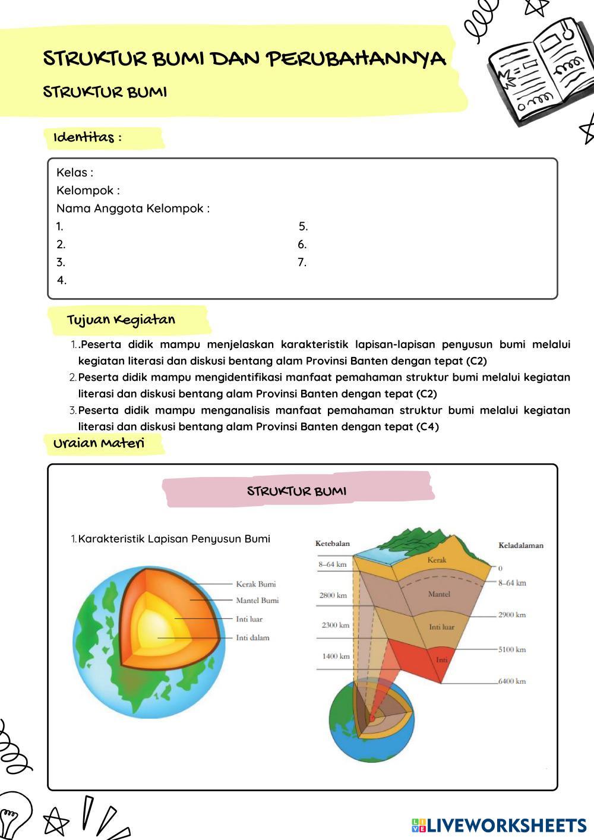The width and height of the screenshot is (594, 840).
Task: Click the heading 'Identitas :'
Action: coord(87,137)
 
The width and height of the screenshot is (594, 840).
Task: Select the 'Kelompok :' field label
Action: coord(88,191)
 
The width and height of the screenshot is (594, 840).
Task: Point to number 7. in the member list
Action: coord(302,263)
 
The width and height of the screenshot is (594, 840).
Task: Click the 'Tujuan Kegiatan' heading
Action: coord(121,320)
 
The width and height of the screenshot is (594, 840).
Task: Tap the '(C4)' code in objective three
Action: coord(428,427)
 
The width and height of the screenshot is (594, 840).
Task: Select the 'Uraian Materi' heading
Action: coord(99,444)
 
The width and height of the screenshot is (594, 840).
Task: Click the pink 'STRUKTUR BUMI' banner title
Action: coord(296,491)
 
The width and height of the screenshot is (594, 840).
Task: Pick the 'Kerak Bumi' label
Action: coord(256,584)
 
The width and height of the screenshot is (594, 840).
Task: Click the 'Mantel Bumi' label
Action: coord(257,600)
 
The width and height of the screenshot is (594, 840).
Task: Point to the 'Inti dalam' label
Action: coord(252,637)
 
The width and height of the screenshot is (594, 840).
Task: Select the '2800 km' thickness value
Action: coord(333,595)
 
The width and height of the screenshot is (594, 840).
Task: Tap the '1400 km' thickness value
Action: coord(336,656)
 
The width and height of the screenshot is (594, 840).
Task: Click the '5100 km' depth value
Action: coord(512,649)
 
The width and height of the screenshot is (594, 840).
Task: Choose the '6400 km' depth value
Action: coord(512,681)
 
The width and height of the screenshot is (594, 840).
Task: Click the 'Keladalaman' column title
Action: coord(521,545)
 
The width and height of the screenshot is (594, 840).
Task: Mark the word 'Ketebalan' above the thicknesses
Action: coord(333,544)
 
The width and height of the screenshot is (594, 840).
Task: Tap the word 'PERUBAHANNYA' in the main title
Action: coord(355,59)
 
